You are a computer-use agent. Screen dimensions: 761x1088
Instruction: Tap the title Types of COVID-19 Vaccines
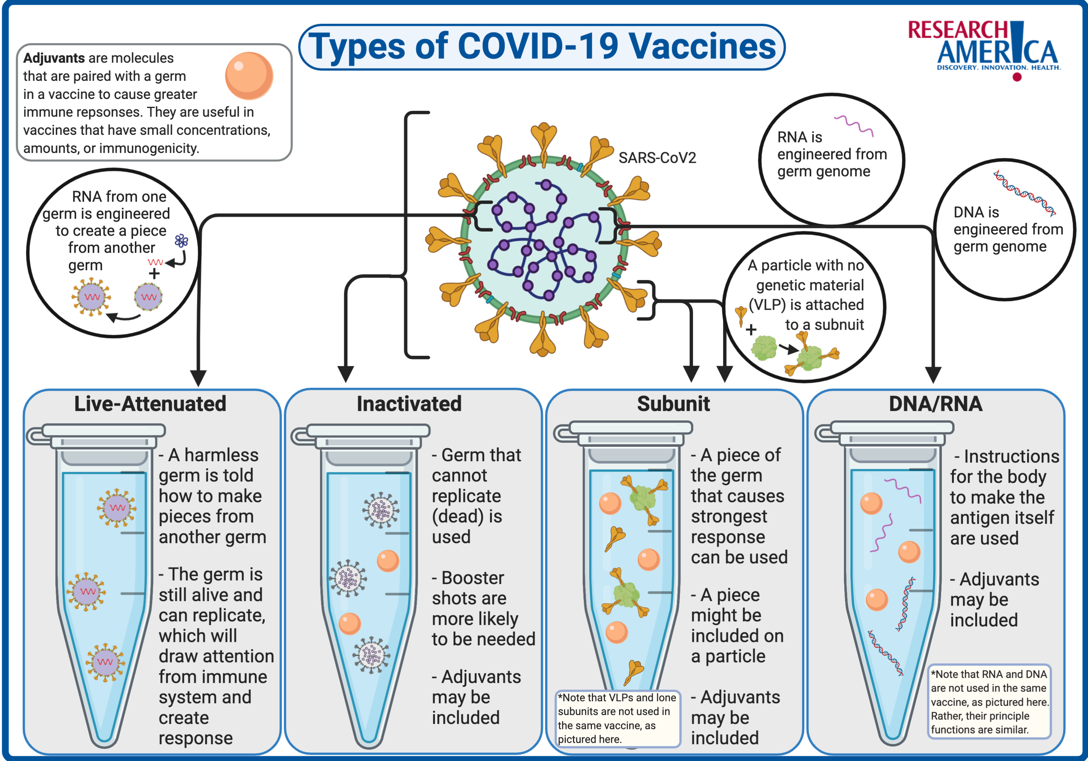(541, 47)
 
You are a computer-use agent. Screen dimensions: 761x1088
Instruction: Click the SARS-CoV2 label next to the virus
(657, 158)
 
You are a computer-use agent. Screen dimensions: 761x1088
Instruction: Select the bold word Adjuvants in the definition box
(54, 58)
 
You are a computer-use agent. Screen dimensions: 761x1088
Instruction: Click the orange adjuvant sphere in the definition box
(249, 75)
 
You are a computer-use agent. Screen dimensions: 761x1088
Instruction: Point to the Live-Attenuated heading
(150, 404)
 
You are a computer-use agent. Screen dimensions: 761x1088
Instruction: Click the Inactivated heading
(409, 404)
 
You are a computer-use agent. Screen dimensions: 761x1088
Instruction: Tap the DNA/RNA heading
(935, 404)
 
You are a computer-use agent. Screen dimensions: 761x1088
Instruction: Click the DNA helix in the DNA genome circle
(1025, 193)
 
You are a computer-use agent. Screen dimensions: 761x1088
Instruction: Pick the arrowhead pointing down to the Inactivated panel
(346, 374)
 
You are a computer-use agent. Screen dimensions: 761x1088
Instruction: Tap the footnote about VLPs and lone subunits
(617, 718)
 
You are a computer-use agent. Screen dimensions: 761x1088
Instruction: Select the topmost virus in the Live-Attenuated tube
(116, 508)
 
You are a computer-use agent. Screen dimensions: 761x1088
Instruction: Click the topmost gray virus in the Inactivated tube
(380, 510)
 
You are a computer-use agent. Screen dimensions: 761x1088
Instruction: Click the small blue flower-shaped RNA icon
(181, 241)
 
